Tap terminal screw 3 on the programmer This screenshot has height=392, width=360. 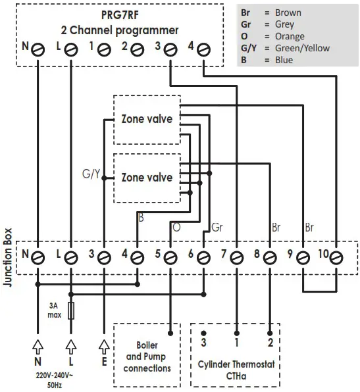(170, 49)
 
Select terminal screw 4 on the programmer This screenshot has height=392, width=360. (204, 49)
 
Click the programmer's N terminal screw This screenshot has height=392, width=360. (38, 49)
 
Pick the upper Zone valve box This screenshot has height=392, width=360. (147, 120)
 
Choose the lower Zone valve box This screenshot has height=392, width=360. (147, 178)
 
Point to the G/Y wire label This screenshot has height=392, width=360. (91, 174)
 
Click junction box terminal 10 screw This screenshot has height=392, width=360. (336, 255)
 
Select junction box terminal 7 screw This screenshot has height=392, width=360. (236, 255)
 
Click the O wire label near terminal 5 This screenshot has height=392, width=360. (176, 228)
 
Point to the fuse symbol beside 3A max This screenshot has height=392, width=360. (70, 309)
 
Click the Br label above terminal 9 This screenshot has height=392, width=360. (309, 228)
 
